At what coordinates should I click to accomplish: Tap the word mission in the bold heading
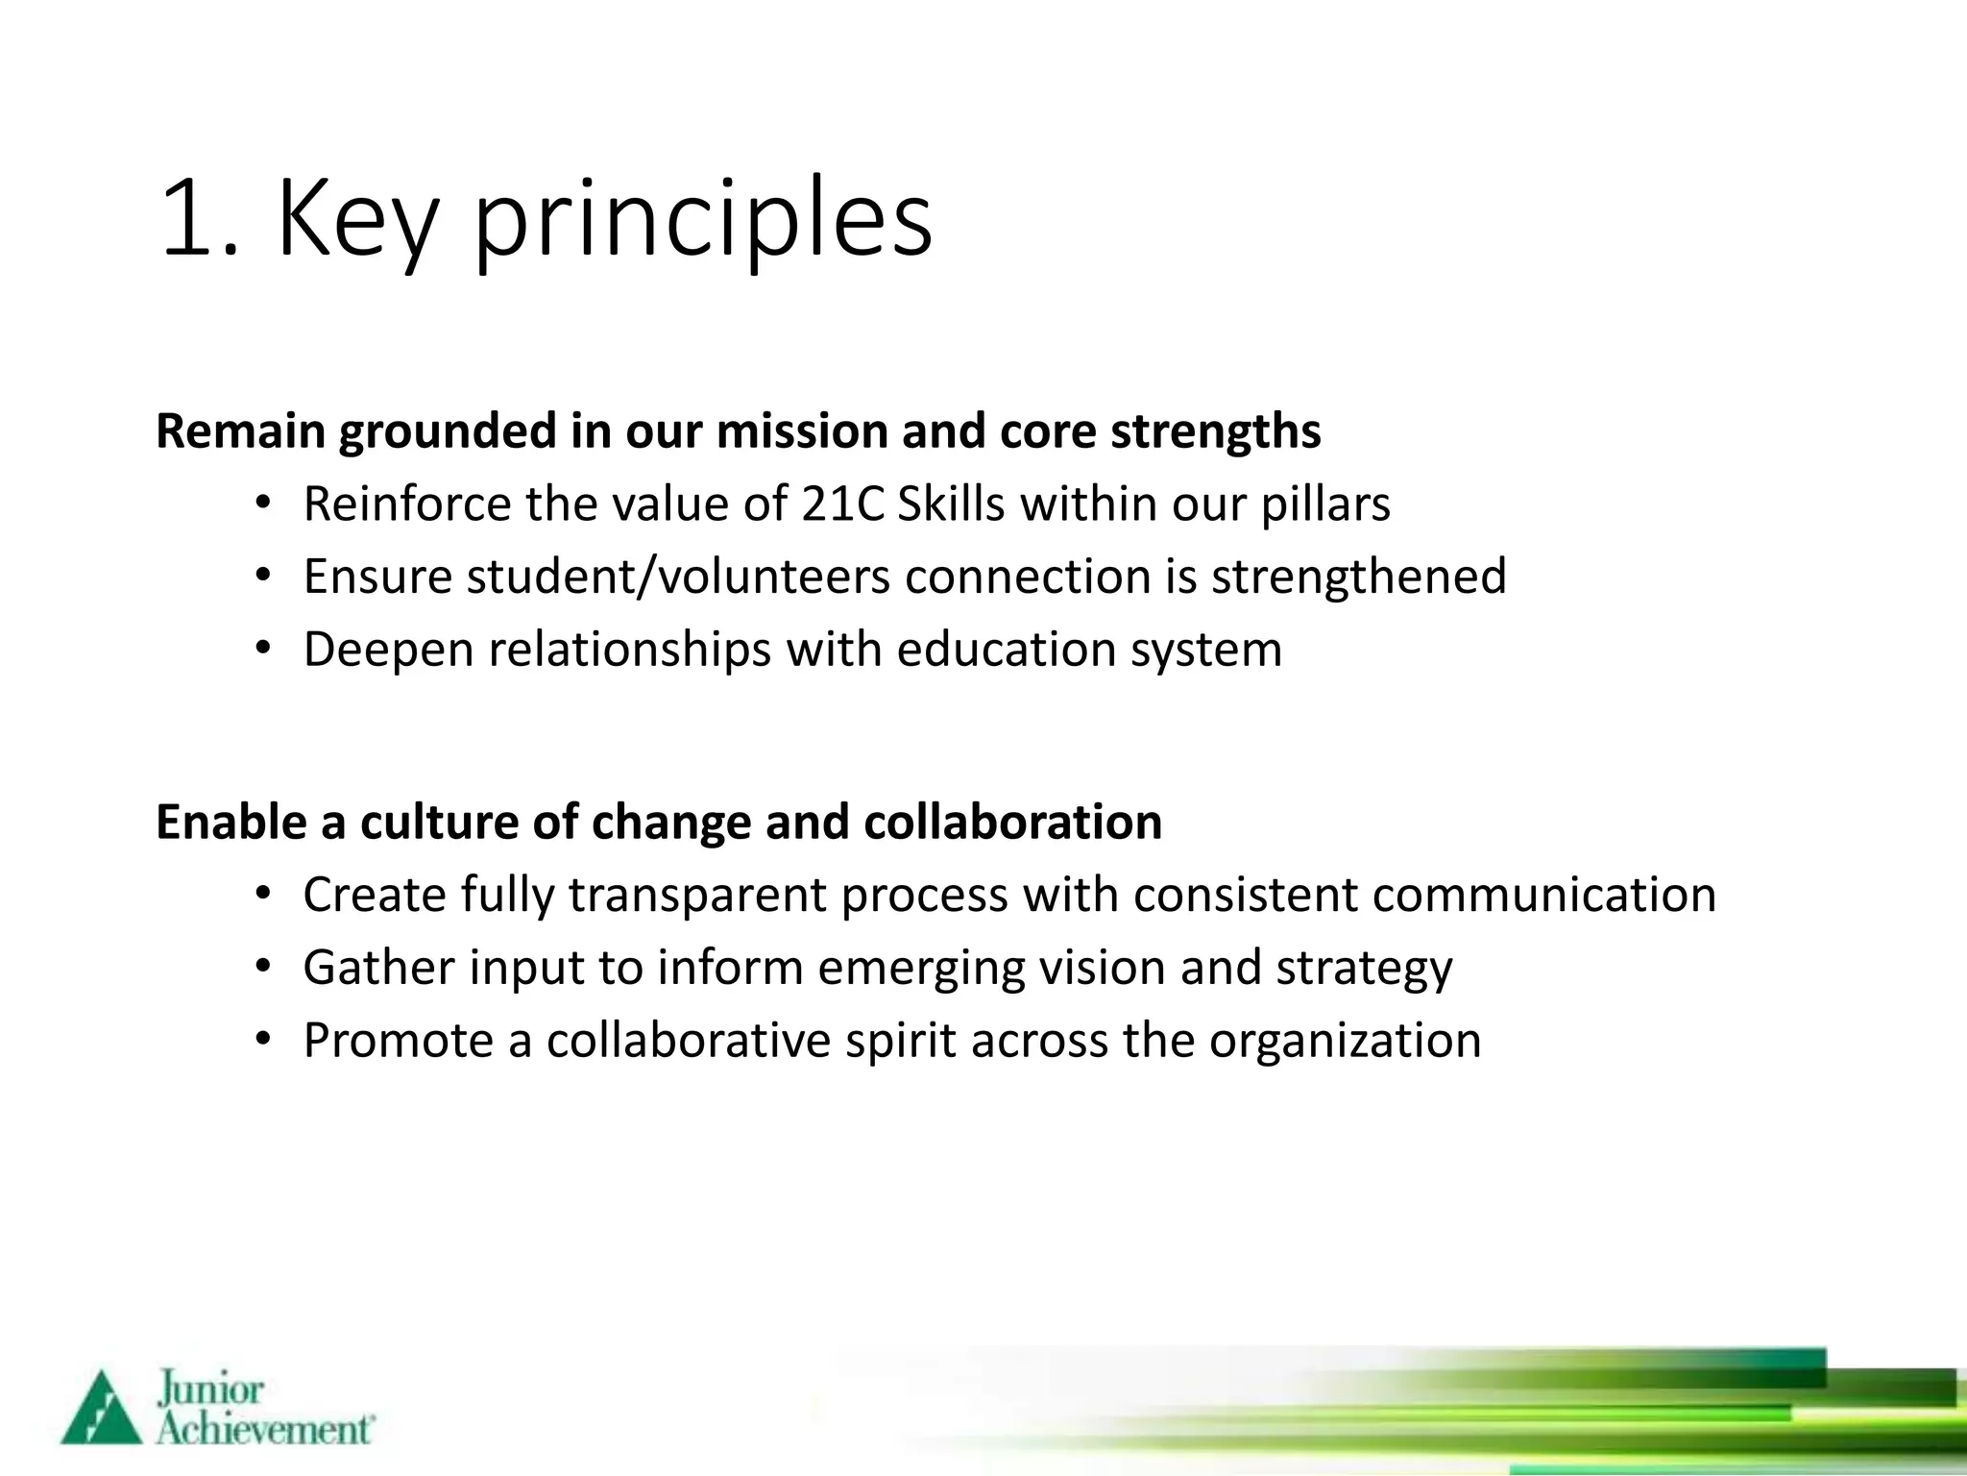click(x=801, y=430)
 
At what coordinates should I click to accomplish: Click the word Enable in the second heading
click(x=231, y=823)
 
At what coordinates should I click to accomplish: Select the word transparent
click(x=697, y=896)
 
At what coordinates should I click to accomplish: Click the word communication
click(x=1543, y=895)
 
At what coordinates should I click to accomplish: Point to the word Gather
click(x=378, y=968)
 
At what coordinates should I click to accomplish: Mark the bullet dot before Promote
click(x=264, y=1040)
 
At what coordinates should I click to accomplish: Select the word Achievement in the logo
click(x=263, y=1430)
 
